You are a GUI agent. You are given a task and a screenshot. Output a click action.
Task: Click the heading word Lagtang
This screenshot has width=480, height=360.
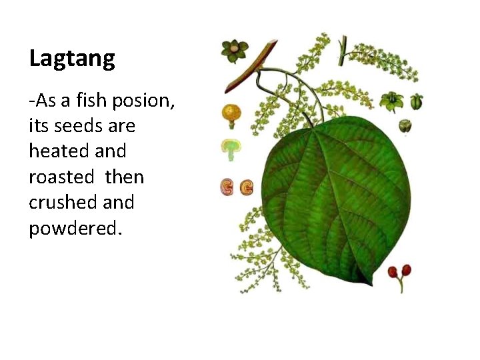pos(72,59)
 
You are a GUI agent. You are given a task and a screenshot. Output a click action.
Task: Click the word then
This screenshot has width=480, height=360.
pos(124,177)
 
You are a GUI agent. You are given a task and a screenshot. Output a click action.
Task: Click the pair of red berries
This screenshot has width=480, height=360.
pos(400,272)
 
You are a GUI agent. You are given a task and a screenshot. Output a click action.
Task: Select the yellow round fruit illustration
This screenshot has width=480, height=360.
pos(231,113)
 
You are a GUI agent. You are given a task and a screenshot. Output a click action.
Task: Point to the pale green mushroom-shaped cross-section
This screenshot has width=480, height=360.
pos(231,148)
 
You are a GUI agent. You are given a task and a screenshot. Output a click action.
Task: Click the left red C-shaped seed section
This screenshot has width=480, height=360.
pos(227,187)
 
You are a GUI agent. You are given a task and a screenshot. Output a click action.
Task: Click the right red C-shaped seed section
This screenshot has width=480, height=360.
pos(246,187)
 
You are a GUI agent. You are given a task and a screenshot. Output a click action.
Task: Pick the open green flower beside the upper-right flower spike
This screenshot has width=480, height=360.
pos(390,101)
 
